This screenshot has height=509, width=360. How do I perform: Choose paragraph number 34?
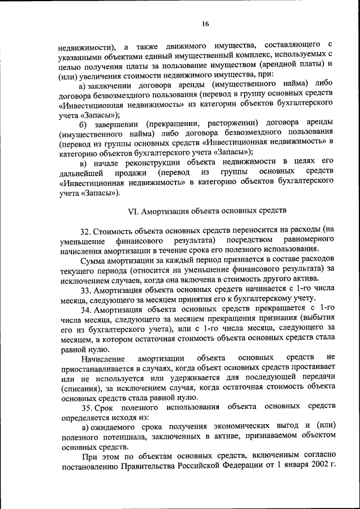85,310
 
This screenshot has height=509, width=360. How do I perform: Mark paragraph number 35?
85,407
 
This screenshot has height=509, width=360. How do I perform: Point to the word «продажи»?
133,172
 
